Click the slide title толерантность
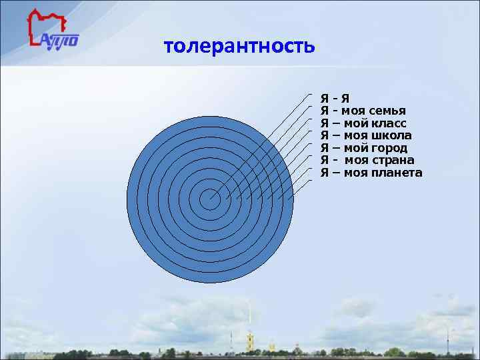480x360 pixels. [238, 47]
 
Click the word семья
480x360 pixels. [387, 111]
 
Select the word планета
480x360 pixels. [399, 173]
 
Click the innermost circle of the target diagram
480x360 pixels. [210, 199]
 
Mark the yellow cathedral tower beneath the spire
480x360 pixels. [249, 343]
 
